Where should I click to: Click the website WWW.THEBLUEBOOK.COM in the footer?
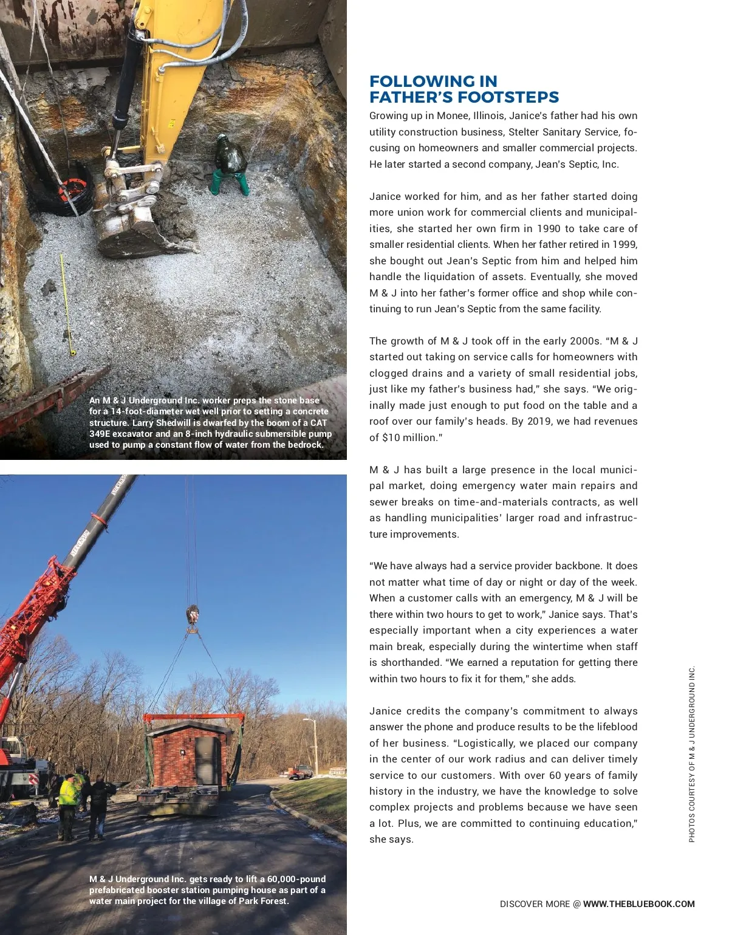(638, 904)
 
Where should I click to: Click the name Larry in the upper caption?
(143, 423)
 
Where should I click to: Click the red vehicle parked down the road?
(300, 772)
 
